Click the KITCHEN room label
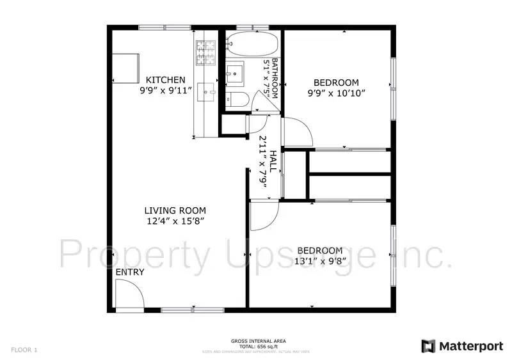click(166, 80)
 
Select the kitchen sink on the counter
click(207, 91)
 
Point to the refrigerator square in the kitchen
click(126, 67)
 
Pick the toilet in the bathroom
click(236, 99)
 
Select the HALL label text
click(273, 161)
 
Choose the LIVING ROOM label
click(175, 210)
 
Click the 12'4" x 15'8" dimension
click(175, 221)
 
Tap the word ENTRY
click(130, 272)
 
